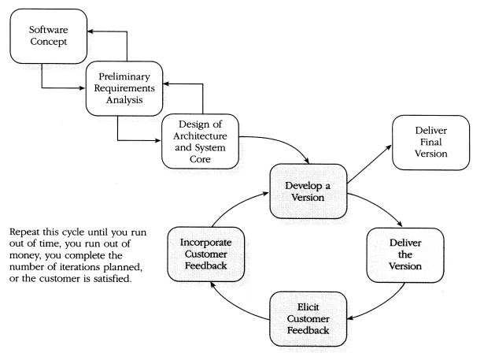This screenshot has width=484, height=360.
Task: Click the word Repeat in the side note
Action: pyautogui.click(x=26, y=233)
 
